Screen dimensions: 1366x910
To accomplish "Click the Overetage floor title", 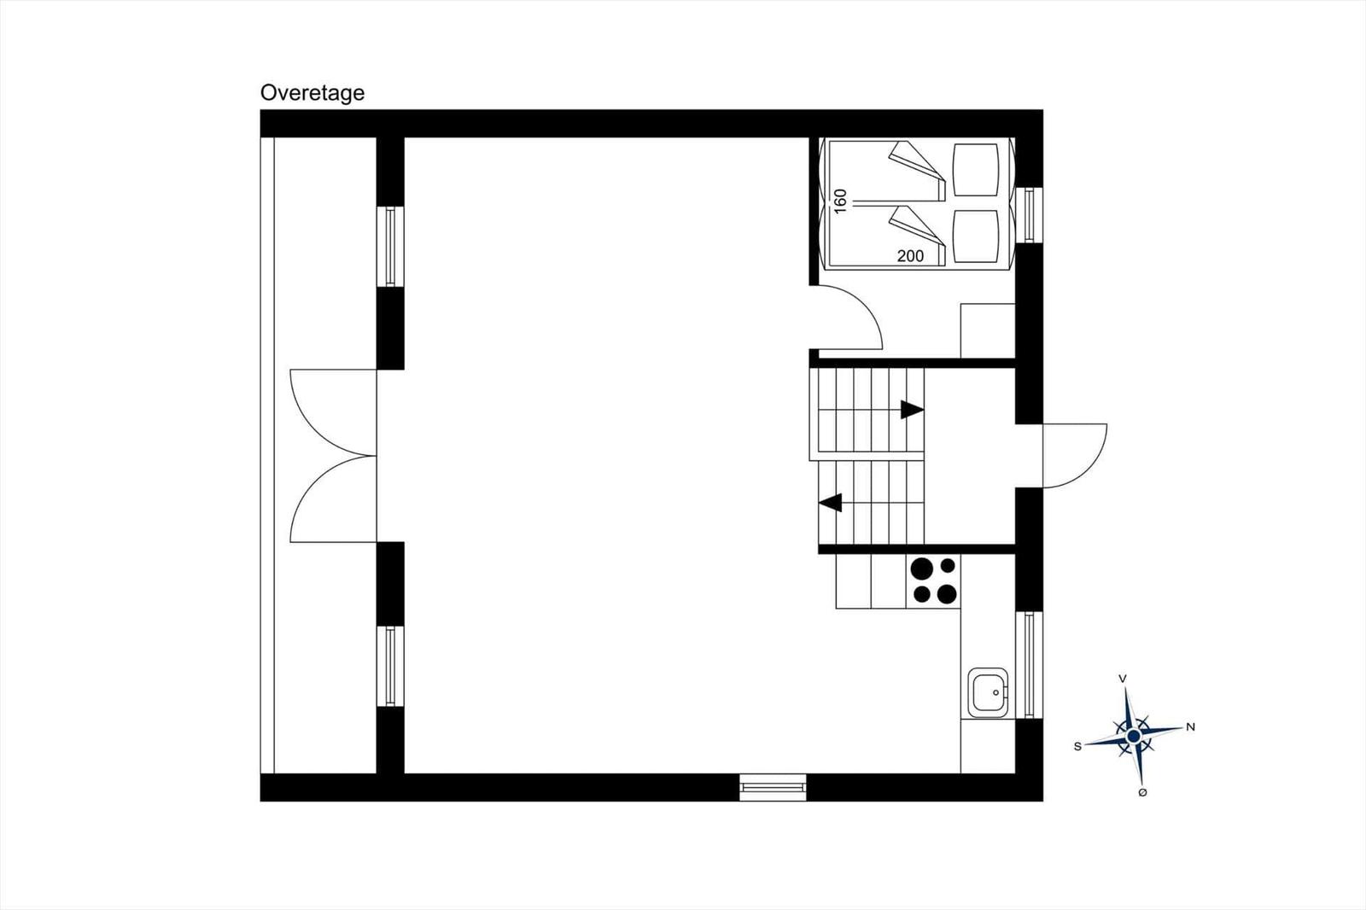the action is (312, 93).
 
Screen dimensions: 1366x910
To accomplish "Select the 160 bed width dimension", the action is (840, 201).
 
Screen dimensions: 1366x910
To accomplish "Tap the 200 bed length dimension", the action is (910, 256).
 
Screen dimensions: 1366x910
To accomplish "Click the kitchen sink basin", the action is (988, 692).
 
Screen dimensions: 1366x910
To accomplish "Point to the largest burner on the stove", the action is (921, 569).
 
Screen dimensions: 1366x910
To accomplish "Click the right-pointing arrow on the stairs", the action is (913, 410).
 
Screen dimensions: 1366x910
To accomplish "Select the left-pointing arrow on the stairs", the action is (831, 503).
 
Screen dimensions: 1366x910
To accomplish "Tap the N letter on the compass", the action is (1190, 727).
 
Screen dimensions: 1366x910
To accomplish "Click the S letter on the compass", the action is (1077, 747).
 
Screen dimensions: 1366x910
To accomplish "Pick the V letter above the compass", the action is (1122, 679).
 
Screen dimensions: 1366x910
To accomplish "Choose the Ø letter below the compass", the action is (1142, 792).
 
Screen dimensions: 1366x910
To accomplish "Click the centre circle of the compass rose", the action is (1134, 737).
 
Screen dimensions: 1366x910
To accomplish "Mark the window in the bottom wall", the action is (773, 787).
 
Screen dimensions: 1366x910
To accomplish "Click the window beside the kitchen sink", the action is (1030, 665).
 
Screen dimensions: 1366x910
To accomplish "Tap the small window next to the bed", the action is (1030, 214).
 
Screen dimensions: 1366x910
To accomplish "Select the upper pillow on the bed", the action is (976, 170).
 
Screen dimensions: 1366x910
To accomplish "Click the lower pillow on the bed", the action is (976, 236).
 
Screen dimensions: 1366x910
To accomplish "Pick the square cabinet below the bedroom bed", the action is (988, 330).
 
